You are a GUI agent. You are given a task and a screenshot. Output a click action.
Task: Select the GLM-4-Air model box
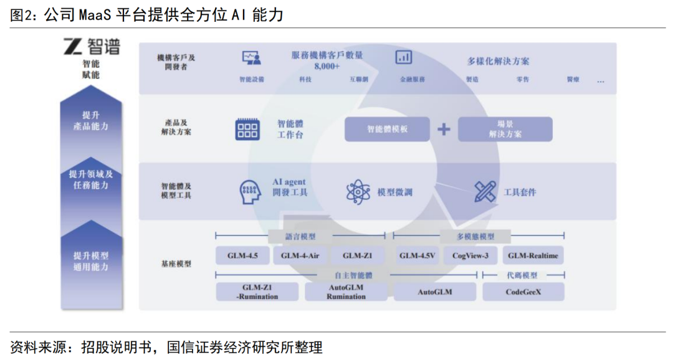[x=300, y=255]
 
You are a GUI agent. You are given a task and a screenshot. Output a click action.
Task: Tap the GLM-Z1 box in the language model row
[x=358, y=255]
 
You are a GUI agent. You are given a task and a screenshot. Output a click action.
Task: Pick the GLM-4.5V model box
[x=418, y=255]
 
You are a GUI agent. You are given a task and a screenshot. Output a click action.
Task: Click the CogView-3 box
[x=470, y=255]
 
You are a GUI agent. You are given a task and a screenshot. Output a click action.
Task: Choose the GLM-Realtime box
[x=533, y=255]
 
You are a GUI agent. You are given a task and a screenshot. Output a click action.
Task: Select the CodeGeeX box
[x=523, y=291]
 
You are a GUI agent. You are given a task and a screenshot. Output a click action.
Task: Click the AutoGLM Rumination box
[x=346, y=292]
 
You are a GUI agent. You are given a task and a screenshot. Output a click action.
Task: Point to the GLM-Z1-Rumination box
[x=257, y=292]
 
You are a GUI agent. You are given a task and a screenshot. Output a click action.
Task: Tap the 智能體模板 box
[x=387, y=129]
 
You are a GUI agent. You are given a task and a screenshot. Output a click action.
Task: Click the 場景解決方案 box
[x=505, y=129]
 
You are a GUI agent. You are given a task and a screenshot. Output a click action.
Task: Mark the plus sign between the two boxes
[x=443, y=129]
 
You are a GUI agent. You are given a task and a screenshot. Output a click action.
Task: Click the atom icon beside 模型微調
[x=358, y=192]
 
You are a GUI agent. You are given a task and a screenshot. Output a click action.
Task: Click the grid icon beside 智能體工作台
[x=247, y=129]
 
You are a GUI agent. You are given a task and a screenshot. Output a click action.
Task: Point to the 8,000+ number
[x=327, y=66]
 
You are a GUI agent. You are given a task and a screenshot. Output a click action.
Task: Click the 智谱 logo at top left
[x=91, y=46]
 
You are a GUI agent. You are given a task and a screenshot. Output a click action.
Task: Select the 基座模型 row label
[x=176, y=264]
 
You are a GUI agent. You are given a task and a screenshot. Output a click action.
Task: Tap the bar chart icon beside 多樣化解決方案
[x=404, y=57]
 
